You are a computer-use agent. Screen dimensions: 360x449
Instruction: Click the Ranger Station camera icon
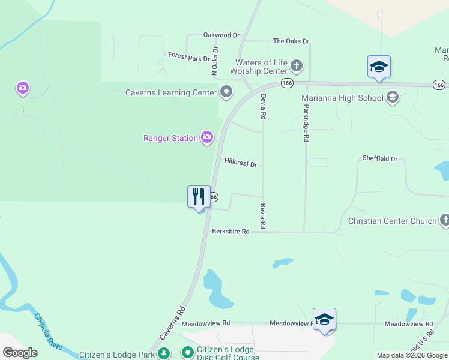pos(207,138)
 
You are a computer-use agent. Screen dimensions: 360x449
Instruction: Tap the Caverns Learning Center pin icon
pos(226,92)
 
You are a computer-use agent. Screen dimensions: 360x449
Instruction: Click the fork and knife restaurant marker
pos(199,197)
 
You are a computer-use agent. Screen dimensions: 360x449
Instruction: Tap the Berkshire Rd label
pos(230,232)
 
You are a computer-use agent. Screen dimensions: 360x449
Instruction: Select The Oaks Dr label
pos(291,41)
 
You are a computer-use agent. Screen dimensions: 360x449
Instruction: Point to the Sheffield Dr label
pos(380,159)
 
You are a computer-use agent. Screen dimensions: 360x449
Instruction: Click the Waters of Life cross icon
pos(296,65)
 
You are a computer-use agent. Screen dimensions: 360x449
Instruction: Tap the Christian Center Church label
pos(393,221)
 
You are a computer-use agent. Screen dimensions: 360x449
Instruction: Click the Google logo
pos(20,353)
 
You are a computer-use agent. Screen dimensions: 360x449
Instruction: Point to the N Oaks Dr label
pos(214,61)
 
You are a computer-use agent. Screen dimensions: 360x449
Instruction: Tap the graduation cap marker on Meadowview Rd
pos(324,319)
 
